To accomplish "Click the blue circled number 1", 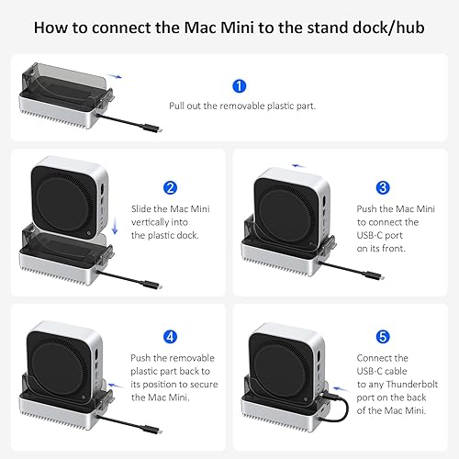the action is [239, 86].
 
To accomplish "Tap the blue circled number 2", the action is [170, 188].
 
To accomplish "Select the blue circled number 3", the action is [383, 188].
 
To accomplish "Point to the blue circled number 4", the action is [170, 337].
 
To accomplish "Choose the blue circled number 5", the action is [383, 337].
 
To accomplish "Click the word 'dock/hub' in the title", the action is [388, 28].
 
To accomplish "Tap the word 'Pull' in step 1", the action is [176, 106].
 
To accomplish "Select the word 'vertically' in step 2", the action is [160, 222].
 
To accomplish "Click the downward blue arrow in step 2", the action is [115, 226].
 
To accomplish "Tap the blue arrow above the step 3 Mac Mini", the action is [298, 166].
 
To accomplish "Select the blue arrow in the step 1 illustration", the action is [114, 76].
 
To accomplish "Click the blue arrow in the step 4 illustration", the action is [116, 386].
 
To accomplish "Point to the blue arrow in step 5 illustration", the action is [341, 389].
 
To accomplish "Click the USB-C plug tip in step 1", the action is [160, 130].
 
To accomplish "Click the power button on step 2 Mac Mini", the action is [88, 233].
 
